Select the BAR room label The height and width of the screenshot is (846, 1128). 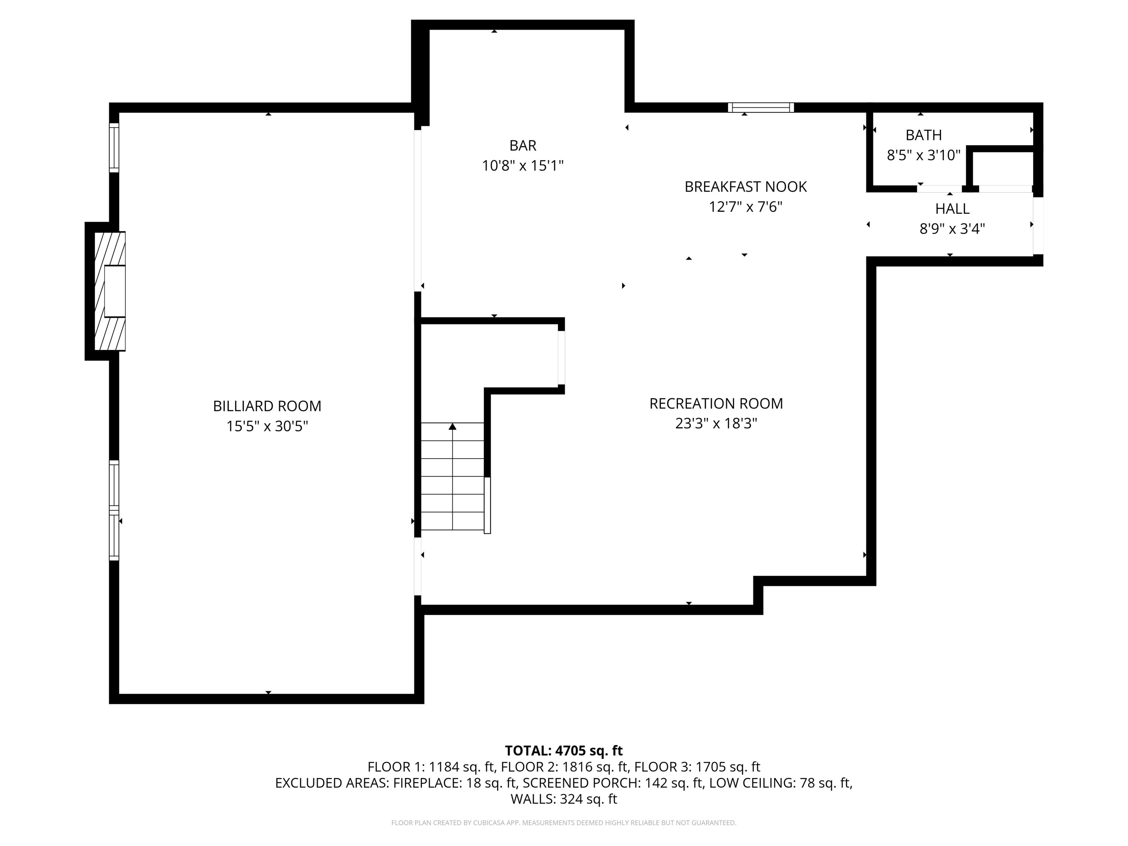[x=523, y=145]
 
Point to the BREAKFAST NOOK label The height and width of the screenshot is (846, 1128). [x=745, y=187]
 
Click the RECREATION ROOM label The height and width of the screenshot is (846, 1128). [x=716, y=404]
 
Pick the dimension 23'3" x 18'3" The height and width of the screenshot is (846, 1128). [x=716, y=423]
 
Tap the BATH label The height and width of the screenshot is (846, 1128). [x=923, y=135]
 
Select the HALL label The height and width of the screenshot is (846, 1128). [x=952, y=209]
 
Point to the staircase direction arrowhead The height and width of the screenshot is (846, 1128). [x=452, y=426]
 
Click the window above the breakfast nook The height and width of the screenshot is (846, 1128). [x=761, y=108]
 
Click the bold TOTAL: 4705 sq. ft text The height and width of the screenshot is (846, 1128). [x=564, y=751]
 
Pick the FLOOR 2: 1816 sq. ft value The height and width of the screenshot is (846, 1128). [x=564, y=767]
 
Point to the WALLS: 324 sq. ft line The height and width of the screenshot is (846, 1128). [x=564, y=799]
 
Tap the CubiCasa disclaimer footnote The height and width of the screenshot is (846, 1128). [x=564, y=822]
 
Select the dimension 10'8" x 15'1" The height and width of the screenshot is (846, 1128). [x=523, y=166]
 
